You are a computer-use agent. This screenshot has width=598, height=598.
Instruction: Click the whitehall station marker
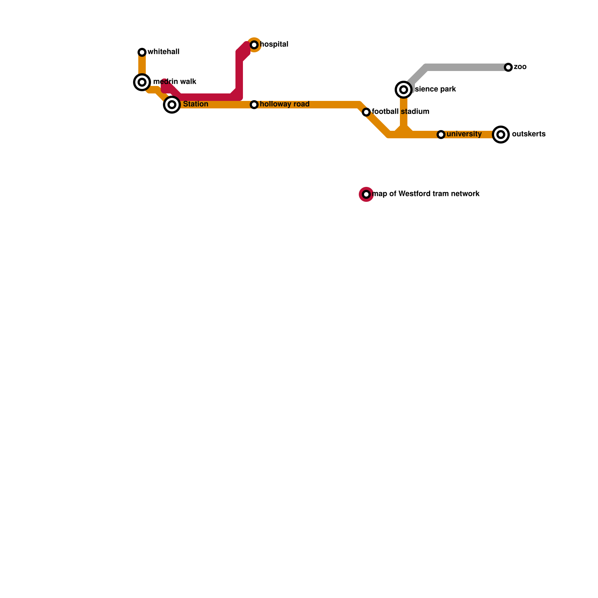coord(142,52)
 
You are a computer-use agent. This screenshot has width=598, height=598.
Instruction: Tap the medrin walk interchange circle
coord(142,82)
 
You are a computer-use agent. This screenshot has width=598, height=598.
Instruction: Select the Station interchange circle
coord(172,105)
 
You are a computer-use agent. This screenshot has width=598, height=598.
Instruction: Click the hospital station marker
coord(254,45)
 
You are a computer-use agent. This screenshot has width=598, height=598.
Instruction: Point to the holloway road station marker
coord(254,105)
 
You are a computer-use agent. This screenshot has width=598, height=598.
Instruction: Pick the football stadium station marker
coord(366,112)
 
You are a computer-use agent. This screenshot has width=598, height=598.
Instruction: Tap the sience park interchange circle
coord(404,90)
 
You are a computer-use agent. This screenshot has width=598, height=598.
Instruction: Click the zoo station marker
coord(508,67)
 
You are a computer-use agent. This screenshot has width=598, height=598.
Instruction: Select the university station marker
coord(441,135)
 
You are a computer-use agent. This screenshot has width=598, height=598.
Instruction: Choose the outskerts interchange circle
coord(501,135)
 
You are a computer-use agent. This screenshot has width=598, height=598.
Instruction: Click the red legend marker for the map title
coord(366,194)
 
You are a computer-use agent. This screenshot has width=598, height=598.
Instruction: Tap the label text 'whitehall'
coord(164,52)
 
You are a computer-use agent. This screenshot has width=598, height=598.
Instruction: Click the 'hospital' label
coord(274,44)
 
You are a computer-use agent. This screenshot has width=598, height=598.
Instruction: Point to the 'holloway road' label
coord(284,104)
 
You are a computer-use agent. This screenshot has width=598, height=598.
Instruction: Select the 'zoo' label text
coord(520,67)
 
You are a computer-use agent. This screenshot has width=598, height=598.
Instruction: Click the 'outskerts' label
coord(528,134)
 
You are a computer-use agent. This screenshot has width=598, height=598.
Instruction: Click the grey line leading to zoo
coord(467,67)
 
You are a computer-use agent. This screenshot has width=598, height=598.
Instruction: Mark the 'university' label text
coord(464,134)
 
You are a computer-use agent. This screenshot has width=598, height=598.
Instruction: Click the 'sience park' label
coord(435,89)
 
